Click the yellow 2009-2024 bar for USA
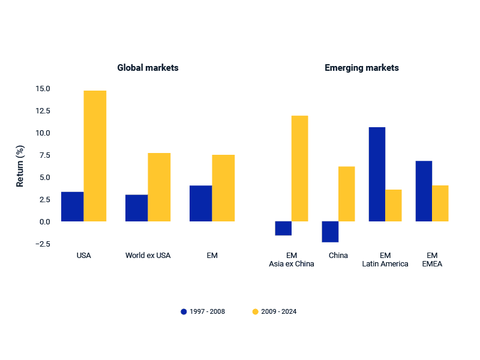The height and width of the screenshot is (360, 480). click(95, 156)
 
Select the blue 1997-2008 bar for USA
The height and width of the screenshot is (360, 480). click(73, 206)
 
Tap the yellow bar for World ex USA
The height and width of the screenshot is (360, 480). click(159, 187)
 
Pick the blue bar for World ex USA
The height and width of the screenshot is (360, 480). click(137, 208)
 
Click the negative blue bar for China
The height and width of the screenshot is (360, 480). click(330, 232)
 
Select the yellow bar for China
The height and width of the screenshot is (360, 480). click(346, 194)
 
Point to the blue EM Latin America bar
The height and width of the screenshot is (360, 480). click(377, 174)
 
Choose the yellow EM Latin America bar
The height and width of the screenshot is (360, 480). click(393, 205)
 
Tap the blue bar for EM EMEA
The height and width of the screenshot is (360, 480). click(424, 191)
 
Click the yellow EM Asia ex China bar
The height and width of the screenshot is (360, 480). click(299, 169)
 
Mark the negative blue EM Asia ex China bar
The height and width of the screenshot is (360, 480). click(283, 229)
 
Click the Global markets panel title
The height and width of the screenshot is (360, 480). click(148, 68)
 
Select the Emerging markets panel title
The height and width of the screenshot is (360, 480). click(361, 68)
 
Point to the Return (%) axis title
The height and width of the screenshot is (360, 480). click(20, 166)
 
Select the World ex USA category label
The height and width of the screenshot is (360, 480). click(148, 256)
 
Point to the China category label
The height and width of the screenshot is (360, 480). click(338, 256)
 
